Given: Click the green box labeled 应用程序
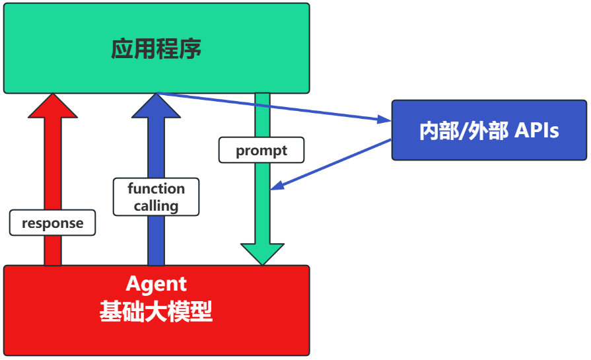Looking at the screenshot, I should [156, 48].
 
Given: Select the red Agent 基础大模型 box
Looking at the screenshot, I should [156, 310].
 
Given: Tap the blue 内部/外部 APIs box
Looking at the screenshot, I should [489, 130].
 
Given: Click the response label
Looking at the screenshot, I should [53, 223].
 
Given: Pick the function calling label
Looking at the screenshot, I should [156, 197].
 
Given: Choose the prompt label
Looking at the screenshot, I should [261, 150].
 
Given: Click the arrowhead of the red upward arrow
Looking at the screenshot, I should [53, 106].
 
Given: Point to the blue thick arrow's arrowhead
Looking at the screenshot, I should [156, 106].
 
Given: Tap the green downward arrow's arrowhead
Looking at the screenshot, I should [262, 254].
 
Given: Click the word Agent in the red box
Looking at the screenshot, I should [156, 284].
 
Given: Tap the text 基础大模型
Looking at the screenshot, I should [156, 311].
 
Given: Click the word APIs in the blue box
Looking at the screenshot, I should [537, 131].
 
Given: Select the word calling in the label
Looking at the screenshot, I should [156, 205].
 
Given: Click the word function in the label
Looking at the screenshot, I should [156, 188].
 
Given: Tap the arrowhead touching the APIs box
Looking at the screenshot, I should [385, 120].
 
